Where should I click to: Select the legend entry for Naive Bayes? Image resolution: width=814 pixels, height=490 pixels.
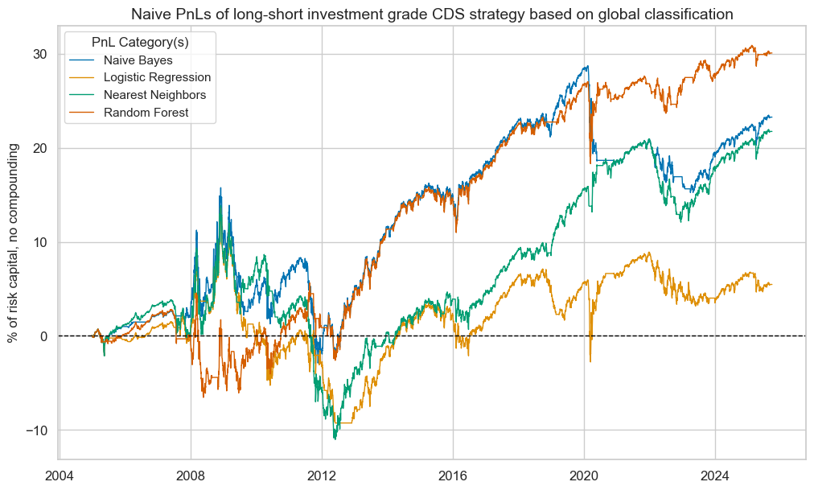138,60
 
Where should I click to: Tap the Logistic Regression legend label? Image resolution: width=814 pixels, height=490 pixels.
158,77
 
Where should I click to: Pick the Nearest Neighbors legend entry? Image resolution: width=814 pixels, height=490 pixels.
154,95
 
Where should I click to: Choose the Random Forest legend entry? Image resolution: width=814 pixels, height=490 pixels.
146,113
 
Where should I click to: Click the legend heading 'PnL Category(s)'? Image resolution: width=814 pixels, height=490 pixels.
141,39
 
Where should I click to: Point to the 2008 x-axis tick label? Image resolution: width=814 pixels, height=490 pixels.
191,475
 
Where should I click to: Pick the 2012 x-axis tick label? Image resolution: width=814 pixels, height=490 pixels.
322,475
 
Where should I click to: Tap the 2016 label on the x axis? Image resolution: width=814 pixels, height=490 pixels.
453,475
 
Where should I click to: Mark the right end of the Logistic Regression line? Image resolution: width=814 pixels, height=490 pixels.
771,284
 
